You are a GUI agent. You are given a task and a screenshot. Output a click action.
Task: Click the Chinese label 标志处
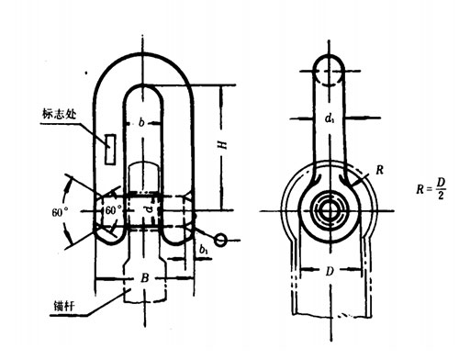tap(59, 114)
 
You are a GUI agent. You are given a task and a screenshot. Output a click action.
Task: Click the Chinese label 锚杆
tap(64, 306)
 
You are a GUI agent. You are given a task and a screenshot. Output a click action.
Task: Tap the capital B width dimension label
tap(145, 277)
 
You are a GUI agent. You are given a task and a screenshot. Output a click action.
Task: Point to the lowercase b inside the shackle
tap(141, 122)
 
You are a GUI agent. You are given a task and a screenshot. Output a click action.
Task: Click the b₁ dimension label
tap(204, 250)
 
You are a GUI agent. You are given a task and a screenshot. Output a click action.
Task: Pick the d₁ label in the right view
tap(330, 118)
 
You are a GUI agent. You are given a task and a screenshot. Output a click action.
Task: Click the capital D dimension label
tap(330, 271)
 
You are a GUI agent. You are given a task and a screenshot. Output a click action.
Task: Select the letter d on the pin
tap(149, 209)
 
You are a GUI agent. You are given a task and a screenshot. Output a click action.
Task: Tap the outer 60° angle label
tap(60, 212)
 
